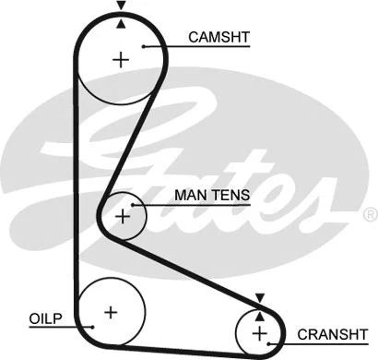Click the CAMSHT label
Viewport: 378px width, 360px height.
pos(219,38)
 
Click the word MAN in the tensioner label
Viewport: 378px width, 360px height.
pos(189,196)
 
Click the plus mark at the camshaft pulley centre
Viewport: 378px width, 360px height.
pos(121,60)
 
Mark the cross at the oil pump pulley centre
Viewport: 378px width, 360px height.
pos(111,311)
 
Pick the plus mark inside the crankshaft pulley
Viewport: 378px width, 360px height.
pos(259,332)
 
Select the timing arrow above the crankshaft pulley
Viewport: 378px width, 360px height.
pos(260,298)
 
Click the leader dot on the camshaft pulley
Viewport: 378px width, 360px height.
pos(144,44)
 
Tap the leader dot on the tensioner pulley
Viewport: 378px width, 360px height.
pos(134,204)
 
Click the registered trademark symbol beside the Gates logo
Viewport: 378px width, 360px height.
pos(370,214)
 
